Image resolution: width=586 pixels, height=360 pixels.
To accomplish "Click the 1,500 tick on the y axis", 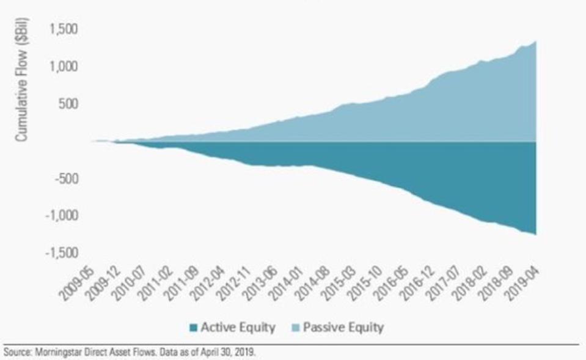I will [64, 28].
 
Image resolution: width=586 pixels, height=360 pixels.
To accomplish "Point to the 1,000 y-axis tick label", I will [64, 66].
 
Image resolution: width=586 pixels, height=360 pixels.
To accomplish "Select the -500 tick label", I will [67, 178].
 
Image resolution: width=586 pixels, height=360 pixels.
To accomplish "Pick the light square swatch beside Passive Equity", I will [293, 328].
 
